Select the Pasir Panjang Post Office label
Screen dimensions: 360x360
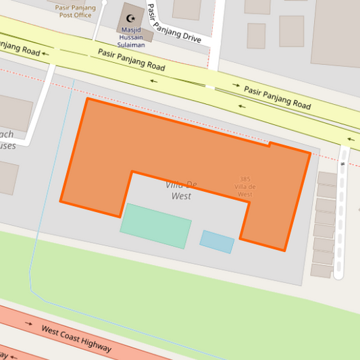[x=75, y=10]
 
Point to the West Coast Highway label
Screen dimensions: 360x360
[x=76, y=338]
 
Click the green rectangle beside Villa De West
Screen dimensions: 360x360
[x=155, y=226]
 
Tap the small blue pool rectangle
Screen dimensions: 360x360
[x=217, y=241]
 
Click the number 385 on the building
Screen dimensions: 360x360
[x=245, y=179]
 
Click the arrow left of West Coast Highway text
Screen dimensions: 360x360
[x=28, y=324]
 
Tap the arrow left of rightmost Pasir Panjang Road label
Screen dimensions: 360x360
[x=236, y=86]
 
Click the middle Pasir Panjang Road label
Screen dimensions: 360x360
[x=131, y=59]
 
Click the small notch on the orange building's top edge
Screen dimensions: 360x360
[x=269, y=144]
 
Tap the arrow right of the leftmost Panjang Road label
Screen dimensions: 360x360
[x=46, y=53]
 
